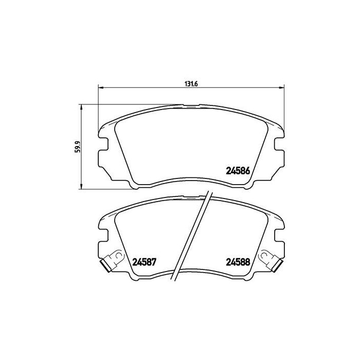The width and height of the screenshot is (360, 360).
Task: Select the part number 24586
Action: click(x=238, y=171)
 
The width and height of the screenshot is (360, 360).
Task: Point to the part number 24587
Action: click(x=145, y=261)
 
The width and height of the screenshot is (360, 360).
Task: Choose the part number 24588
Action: click(x=238, y=261)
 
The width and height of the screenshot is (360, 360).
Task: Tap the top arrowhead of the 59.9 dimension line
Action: click(x=81, y=106)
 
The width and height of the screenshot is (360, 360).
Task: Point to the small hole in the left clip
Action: click(x=118, y=255)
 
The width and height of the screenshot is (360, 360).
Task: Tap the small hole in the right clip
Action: click(x=264, y=255)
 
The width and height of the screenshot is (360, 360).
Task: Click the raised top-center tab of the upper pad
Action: click(x=191, y=107)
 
